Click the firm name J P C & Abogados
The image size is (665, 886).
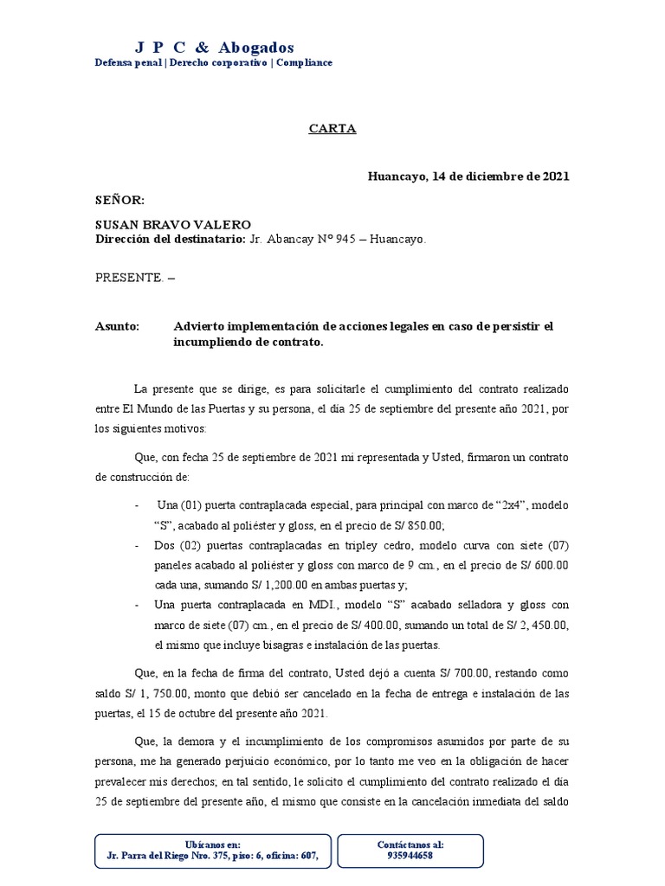215,48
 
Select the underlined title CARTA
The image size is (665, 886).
332,129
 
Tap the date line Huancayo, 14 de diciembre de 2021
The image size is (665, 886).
468,177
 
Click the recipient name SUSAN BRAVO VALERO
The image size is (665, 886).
172,225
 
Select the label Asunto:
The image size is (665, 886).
117,326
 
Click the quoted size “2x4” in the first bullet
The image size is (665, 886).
496,504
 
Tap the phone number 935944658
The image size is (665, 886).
410,856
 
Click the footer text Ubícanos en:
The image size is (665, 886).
213,844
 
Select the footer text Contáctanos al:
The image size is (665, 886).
410,844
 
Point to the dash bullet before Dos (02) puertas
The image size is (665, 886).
138,545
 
